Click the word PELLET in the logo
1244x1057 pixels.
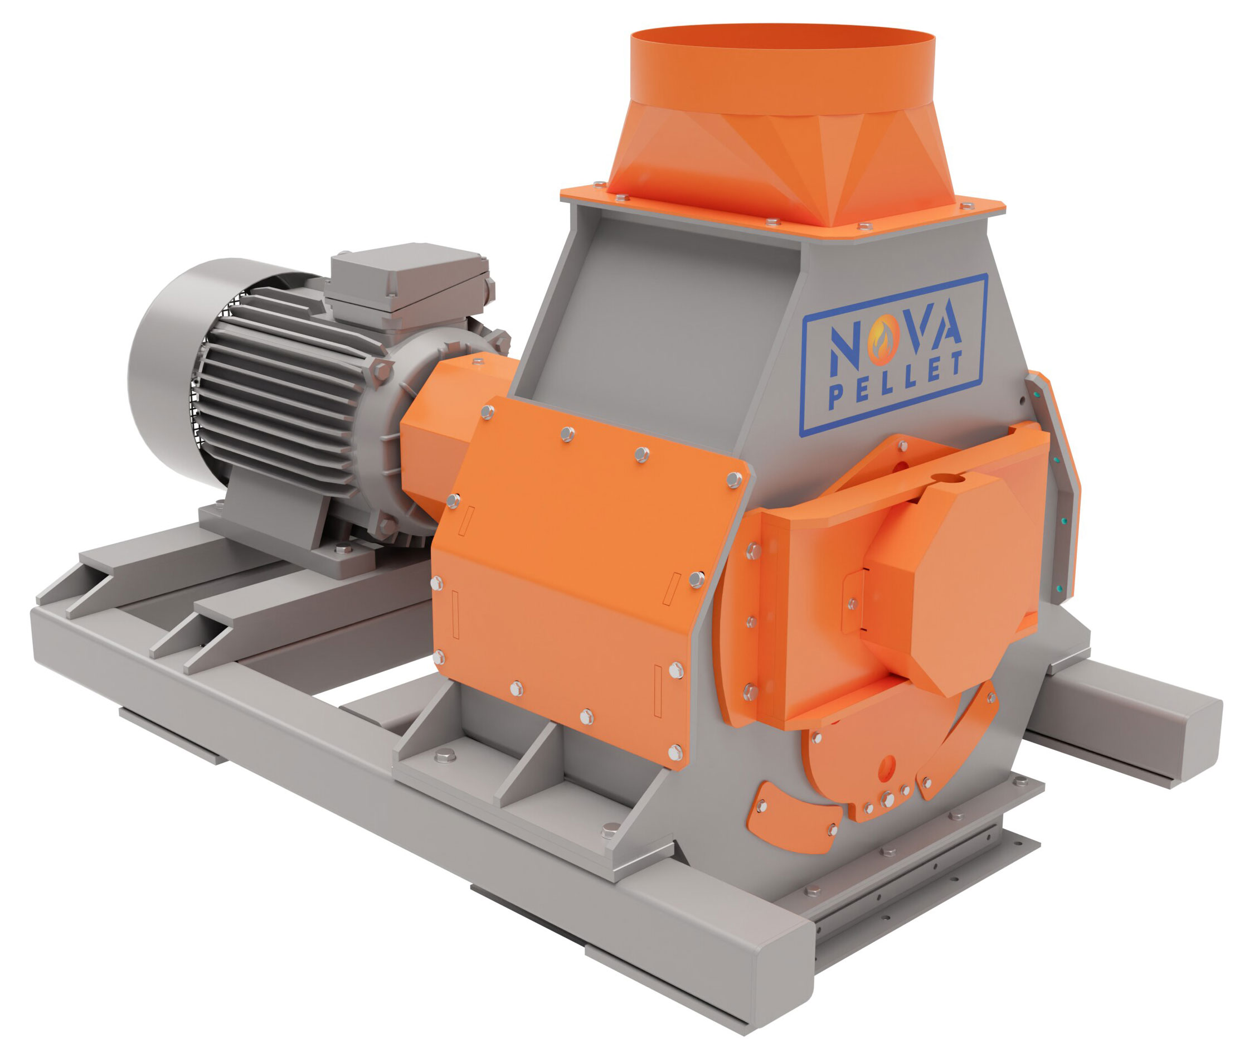tap(896, 381)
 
